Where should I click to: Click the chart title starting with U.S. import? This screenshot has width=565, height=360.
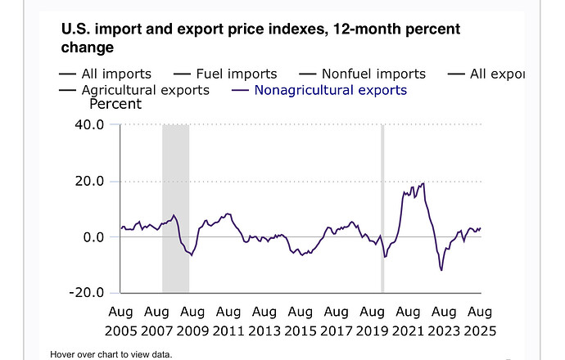[x=260, y=38]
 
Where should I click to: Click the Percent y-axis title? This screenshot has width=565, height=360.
[x=115, y=105]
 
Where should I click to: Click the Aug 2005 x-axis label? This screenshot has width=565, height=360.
[x=121, y=321]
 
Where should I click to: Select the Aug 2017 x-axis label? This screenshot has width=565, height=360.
[x=336, y=321]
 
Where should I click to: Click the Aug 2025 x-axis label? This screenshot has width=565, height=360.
[x=479, y=321]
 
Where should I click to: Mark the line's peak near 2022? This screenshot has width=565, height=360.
[x=423, y=183]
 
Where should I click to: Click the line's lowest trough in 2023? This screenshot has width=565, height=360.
[x=442, y=270]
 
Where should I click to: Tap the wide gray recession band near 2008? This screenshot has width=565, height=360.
[x=175, y=208]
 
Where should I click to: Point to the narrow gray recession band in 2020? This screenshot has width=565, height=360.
[x=382, y=208]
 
